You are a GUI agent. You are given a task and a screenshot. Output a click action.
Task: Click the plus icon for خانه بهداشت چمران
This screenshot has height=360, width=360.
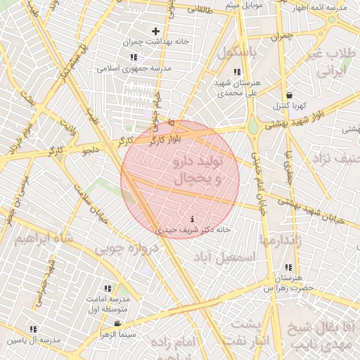156,31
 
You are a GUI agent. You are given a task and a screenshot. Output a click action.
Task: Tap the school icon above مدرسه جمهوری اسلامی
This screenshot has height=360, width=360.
134,57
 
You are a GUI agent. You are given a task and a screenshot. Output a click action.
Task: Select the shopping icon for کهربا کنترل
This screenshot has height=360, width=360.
289,95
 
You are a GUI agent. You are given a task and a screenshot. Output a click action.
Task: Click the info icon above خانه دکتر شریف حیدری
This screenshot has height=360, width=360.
193,219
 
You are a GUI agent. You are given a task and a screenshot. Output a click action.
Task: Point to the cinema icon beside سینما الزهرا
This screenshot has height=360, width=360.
117,323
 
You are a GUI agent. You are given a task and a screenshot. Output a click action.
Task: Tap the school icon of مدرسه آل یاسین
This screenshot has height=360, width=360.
33,329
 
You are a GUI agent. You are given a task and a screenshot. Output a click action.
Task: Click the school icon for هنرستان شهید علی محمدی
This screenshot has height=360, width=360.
237,72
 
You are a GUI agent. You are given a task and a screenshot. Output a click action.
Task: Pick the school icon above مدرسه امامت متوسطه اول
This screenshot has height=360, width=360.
108,288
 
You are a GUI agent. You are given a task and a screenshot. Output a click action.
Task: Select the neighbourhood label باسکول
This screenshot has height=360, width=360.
238,53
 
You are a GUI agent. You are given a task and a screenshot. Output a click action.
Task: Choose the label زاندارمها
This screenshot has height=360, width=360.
281,240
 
